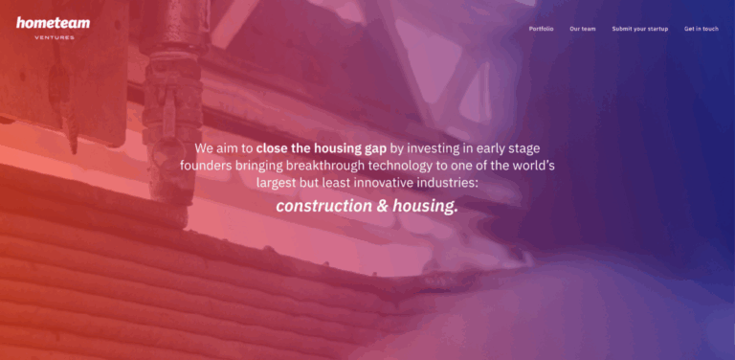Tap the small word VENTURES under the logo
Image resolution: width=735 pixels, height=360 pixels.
54,37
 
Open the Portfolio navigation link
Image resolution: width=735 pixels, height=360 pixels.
541,29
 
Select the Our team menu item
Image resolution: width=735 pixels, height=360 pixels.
582,29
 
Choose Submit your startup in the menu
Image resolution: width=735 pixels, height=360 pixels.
639,29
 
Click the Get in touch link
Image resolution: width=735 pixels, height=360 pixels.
701,29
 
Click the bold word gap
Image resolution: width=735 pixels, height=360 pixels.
376,149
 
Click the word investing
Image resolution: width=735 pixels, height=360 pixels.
440,149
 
